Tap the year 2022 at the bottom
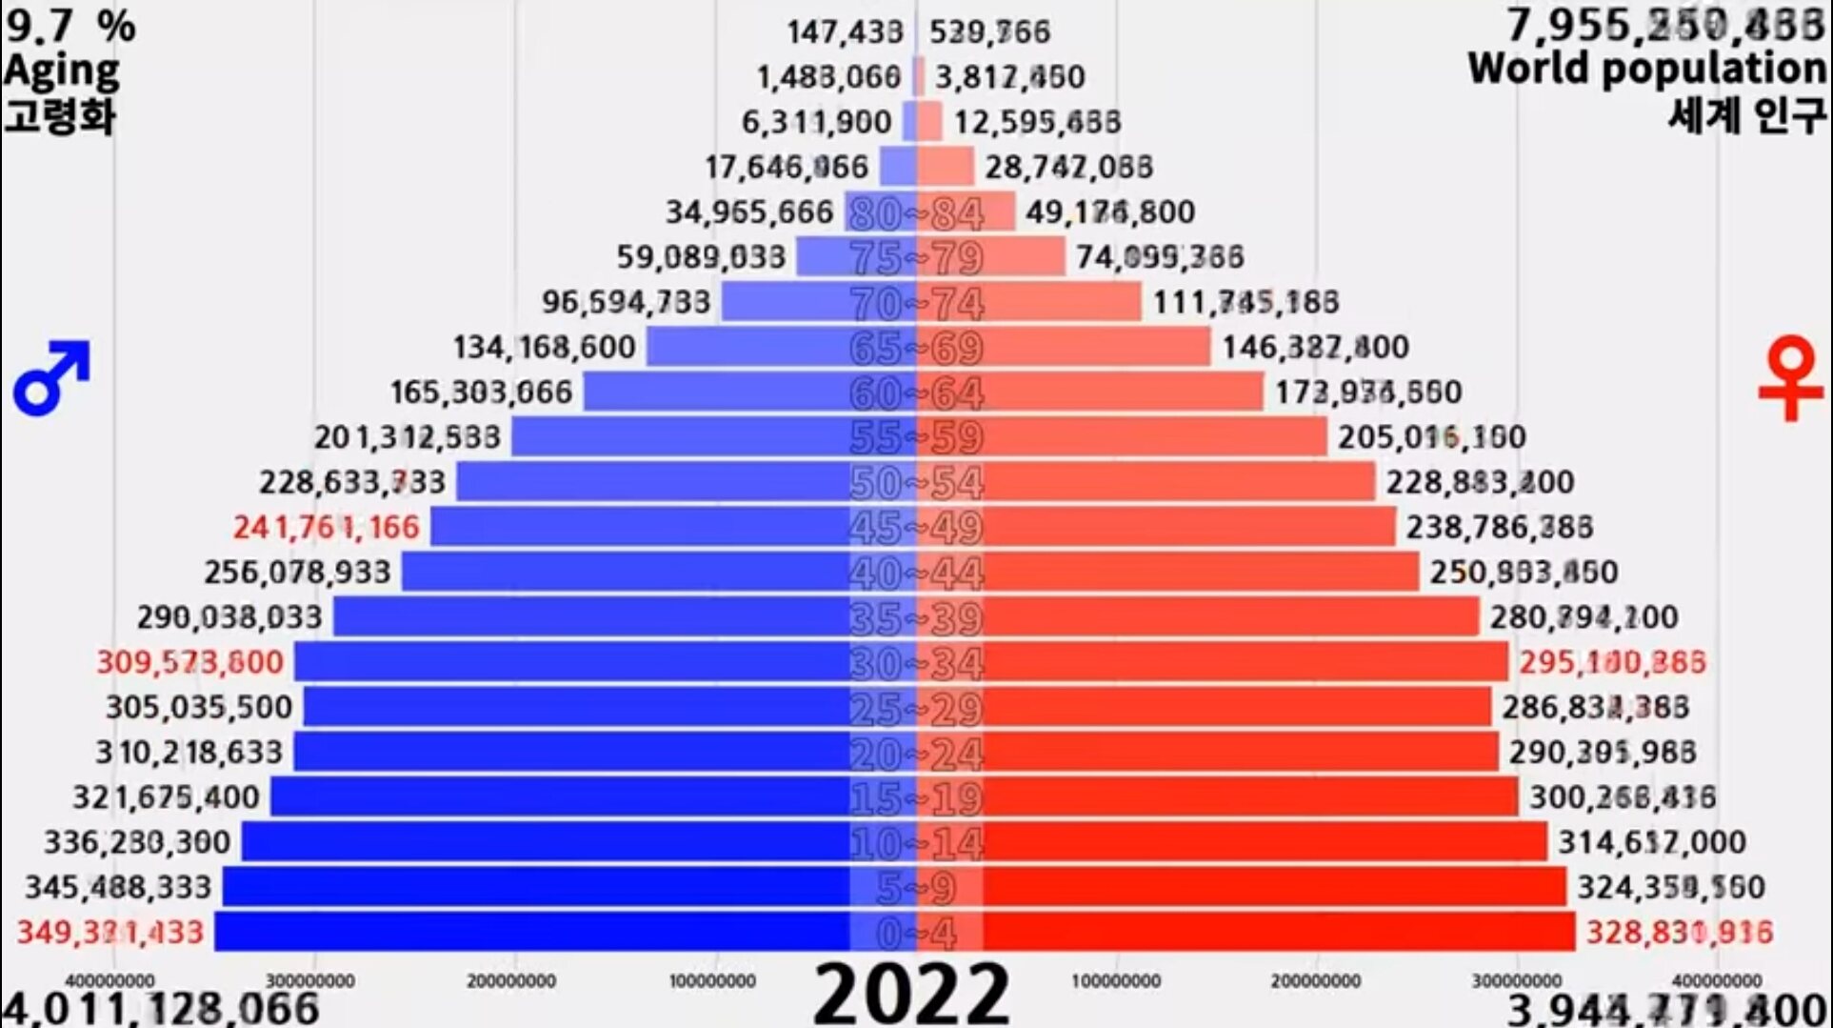click(x=911, y=994)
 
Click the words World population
click(x=1646, y=69)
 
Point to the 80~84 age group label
click(x=915, y=213)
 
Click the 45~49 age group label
click(x=915, y=527)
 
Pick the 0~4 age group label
click(x=915, y=933)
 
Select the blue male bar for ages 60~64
click(x=714, y=392)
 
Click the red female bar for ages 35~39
click(x=1228, y=617)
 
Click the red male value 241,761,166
click(x=326, y=527)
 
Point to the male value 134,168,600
click(x=544, y=348)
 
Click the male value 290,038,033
click(x=229, y=617)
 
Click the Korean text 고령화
click(x=59, y=116)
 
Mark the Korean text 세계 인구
click(x=1746, y=114)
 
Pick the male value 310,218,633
click(x=189, y=753)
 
